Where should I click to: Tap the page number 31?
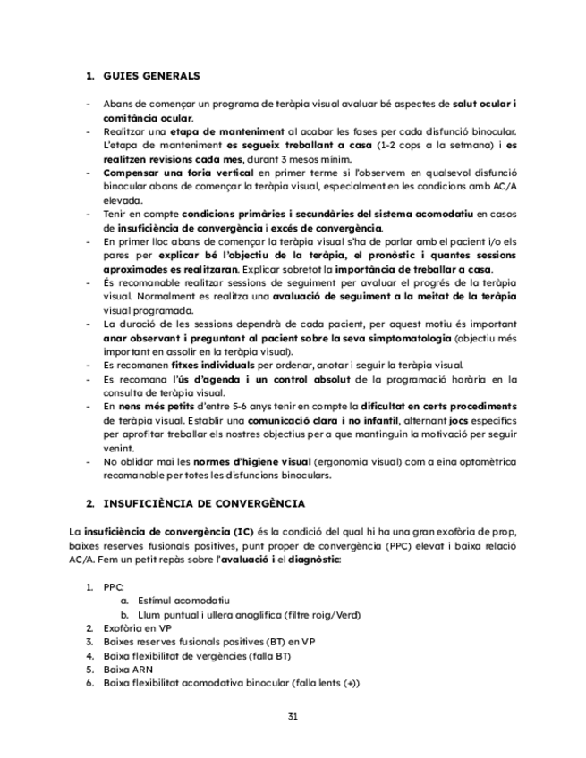[x=293, y=717]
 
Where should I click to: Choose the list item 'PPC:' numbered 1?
[x=114, y=587]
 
